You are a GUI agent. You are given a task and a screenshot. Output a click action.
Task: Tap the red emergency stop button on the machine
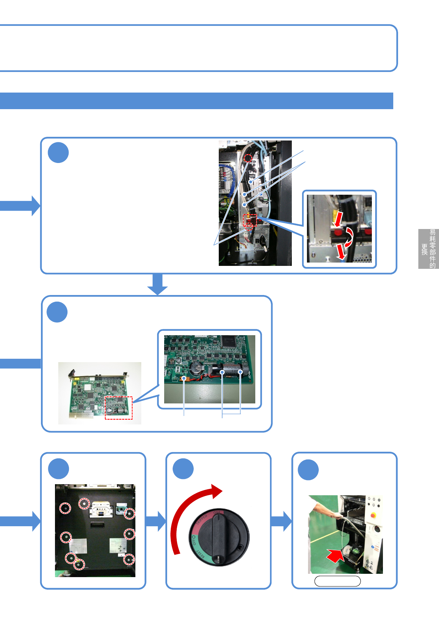point(373,515)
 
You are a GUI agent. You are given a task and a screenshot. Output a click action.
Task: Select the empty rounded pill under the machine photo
point(337,581)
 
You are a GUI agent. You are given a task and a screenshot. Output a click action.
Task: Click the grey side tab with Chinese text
point(428,249)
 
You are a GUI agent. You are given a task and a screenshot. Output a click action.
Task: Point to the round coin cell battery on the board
point(196,368)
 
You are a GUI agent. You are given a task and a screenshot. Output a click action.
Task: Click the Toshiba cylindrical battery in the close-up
point(228,370)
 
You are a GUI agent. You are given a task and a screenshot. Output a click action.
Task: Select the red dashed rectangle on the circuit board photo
point(118,407)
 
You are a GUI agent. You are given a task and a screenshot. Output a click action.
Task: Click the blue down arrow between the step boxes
point(158,284)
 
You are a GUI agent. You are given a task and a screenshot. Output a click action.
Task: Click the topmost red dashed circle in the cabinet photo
point(248,158)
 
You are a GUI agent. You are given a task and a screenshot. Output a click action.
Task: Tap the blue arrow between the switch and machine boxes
point(281,521)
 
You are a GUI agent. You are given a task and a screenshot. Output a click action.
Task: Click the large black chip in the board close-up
point(229,341)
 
